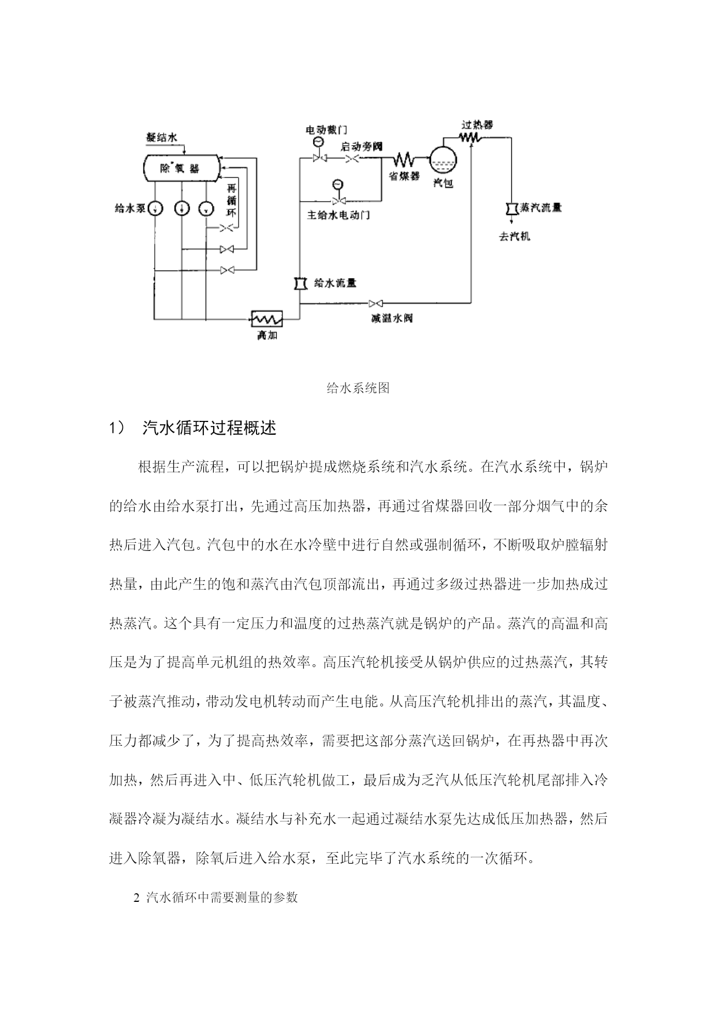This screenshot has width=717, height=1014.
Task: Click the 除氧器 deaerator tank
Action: pyautogui.click(x=181, y=168)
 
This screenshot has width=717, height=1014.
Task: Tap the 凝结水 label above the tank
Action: pyautogui.click(x=162, y=138)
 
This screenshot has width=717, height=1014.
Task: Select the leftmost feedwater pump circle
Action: pyautogui.click(x=155, y=209)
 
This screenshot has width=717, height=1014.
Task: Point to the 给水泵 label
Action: pyautogui.click(x=130, y=208)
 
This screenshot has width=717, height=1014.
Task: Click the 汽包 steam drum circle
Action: pyautogui.click(x=443, y=158)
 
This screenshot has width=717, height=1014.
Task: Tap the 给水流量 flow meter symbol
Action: pyautogui.click(x=299, y=283)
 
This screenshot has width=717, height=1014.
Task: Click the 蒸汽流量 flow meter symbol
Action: pyautogui.click(x=511, y=208)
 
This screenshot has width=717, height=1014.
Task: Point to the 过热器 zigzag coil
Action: pyautogui.click(x=471, y=138)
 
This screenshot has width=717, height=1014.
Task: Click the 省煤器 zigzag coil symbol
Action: pyautogui.click(x=403, y=158)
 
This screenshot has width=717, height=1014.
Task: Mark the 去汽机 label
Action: pyautogui.click(x=514, y=236)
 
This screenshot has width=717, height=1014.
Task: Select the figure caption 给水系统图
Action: pyautogui.click(x=358, y=388)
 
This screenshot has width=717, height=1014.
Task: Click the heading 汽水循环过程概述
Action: pyautogui.click(x=209, y=428)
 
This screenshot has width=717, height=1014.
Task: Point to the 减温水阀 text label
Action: pyautogui.click(x=392, y=318)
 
